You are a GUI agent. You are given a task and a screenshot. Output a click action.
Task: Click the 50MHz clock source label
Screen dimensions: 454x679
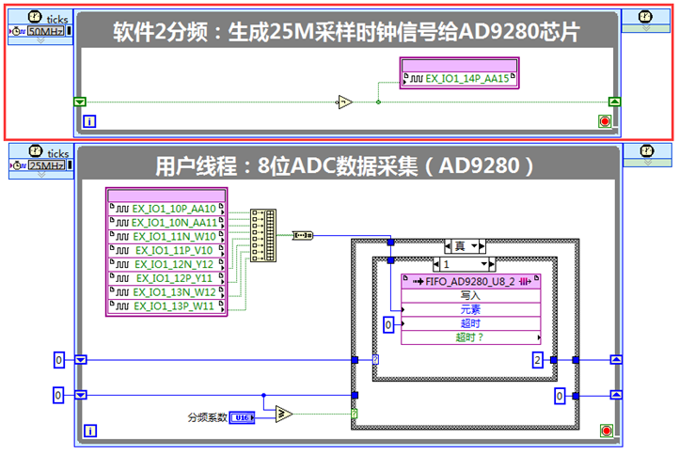46,32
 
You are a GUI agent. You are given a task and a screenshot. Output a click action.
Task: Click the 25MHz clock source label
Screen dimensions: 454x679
46,166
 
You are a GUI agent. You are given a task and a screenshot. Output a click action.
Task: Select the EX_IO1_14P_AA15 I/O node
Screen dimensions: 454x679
460,79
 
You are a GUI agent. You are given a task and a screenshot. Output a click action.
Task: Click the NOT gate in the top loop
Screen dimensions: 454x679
346,102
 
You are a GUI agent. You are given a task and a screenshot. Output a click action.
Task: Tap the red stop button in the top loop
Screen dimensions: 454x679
605,120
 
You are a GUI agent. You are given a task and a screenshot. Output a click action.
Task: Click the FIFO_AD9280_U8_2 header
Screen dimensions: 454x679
471,280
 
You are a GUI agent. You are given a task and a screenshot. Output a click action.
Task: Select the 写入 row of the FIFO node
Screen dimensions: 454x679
471,294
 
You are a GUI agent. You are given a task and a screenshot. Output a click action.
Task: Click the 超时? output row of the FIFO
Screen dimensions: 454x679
471,337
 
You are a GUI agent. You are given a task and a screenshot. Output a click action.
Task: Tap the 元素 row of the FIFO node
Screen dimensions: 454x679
471,308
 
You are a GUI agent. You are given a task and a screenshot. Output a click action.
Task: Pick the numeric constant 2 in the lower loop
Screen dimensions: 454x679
536,359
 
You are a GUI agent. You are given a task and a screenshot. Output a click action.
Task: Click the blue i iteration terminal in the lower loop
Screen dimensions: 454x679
90,431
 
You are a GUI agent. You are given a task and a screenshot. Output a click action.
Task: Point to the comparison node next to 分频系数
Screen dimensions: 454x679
282,414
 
